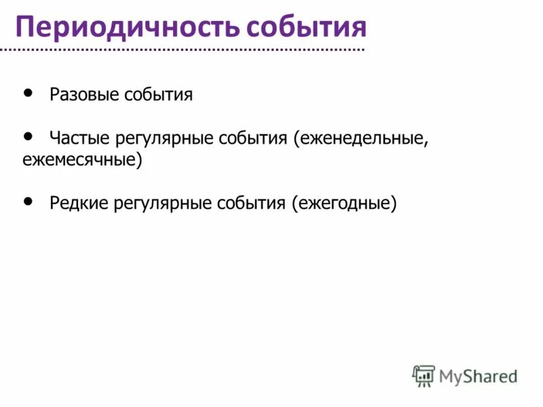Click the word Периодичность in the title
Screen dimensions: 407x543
tap(126, 26)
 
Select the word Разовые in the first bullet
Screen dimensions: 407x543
tap(84, 94)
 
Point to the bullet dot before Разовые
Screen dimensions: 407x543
tap(28, 92)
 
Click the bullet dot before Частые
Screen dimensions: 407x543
tap(28, 136)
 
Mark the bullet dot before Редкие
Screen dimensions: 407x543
tap(28, 201)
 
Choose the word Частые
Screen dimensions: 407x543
tap(80, 138)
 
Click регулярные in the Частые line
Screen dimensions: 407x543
tap(163, 138)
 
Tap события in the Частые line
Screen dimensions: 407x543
tap(253, 138)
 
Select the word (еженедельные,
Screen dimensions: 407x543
tap(361, 138)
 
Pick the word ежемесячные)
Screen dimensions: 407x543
tap(82, 161)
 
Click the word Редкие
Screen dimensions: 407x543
tap(79, 203)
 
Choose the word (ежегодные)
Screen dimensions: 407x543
tap(344, 203)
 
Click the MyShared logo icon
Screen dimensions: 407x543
tap(424, 375)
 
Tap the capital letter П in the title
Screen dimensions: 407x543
tap(26, 27)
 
